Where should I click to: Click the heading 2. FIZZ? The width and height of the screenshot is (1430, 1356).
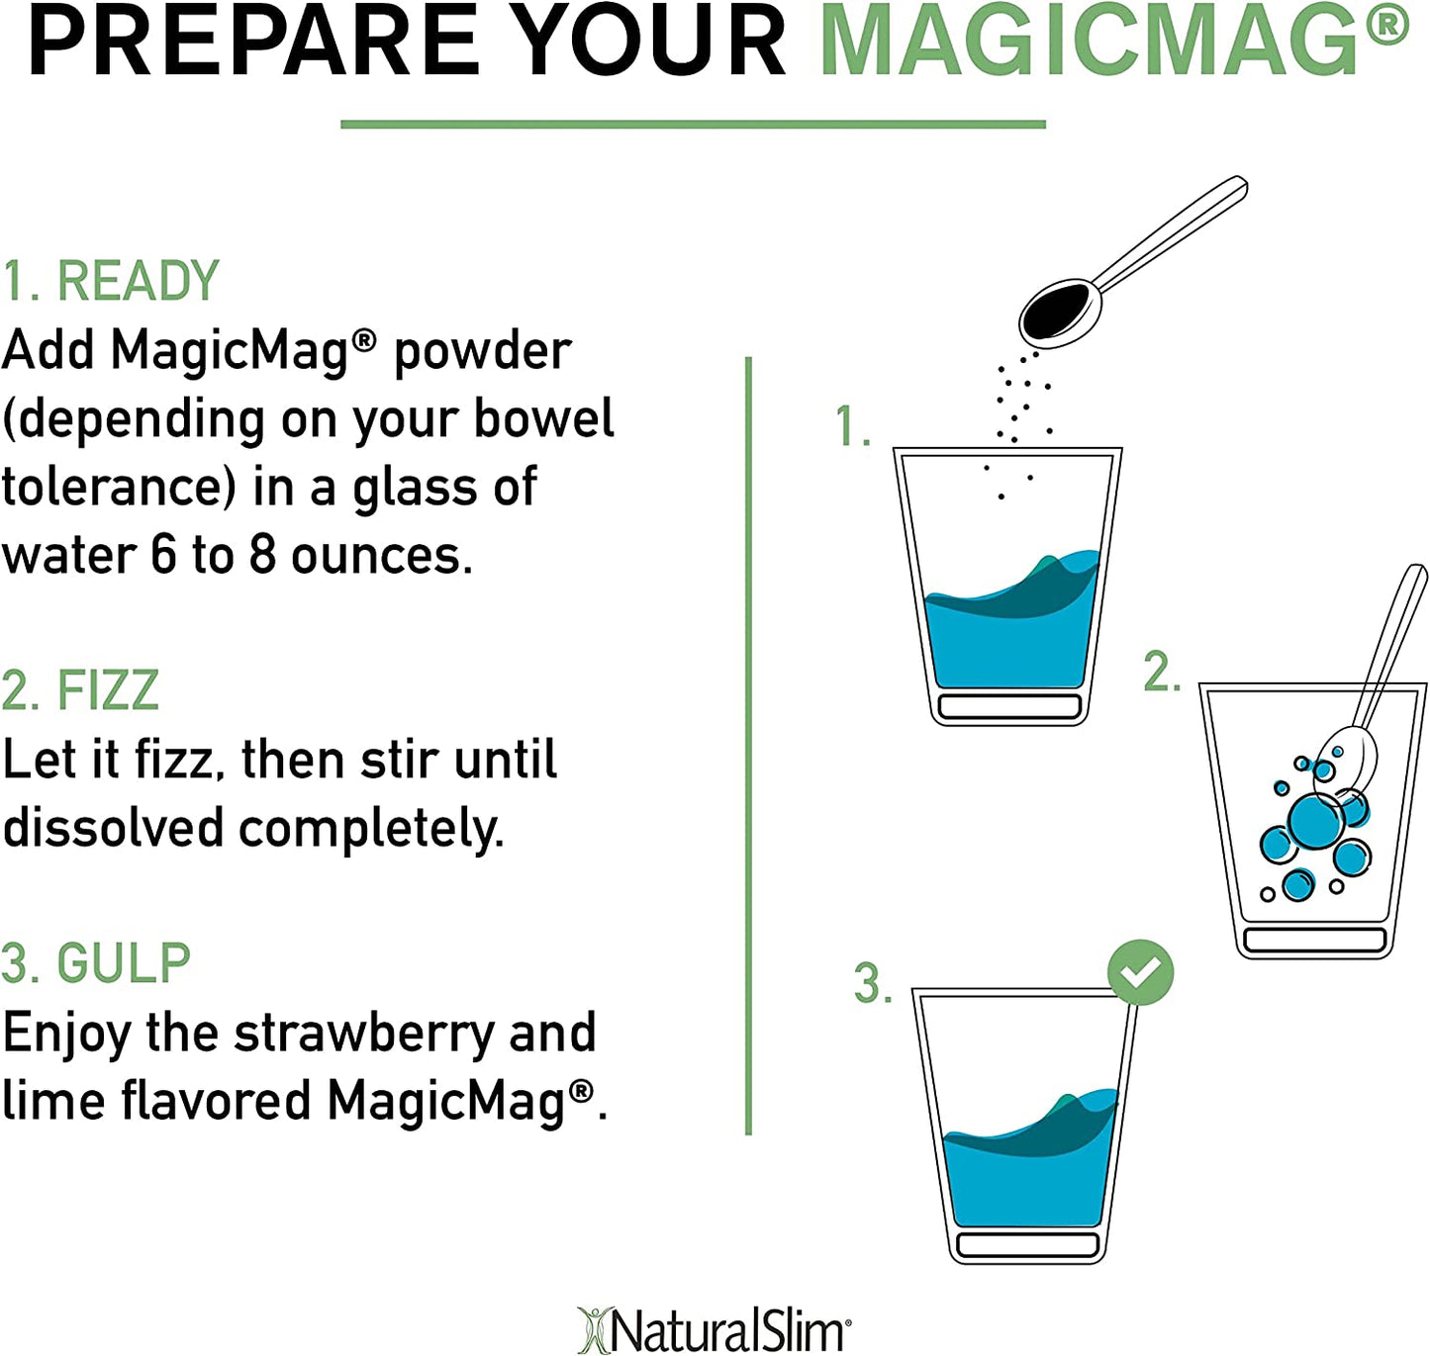pyautogui.click(x=81, y=689)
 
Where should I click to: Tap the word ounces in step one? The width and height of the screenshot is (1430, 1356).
pyautogui.click(x=383, y=556)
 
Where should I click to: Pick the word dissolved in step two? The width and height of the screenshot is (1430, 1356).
pyautogui.click(x=113, y=828)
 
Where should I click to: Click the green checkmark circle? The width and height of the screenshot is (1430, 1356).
pyautogui.click(x=1140, y=973)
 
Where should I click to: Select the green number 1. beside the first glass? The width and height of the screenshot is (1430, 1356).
pyautogui.click(x=852, y=426)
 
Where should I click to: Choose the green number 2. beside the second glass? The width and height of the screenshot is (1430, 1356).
pyautogui.click(x=1162, y=672)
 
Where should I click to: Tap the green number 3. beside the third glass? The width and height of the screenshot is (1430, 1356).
pyautogui.click(x=873, y=984)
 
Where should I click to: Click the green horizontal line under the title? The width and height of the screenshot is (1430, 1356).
pyautogui.click(x=693, y=125)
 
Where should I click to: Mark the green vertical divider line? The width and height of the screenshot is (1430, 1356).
pyautogui.click(x=748, y=745)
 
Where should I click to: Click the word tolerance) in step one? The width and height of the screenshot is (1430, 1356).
pyautogui.click(x=120, y=488)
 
